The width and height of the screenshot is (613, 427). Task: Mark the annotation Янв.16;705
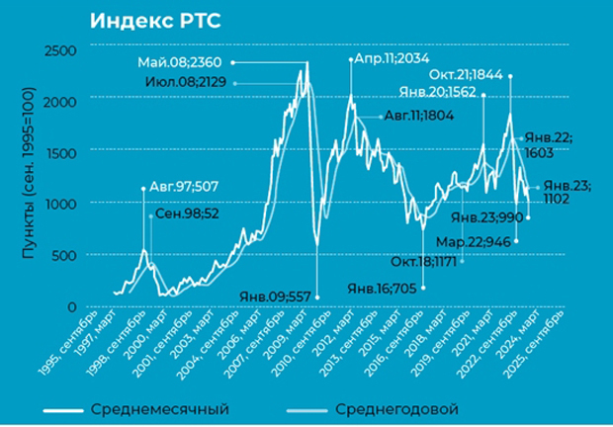pyautogui.click(x=381, y=289)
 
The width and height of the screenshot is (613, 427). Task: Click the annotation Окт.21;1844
pyautogui.click(x=466, y=75)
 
